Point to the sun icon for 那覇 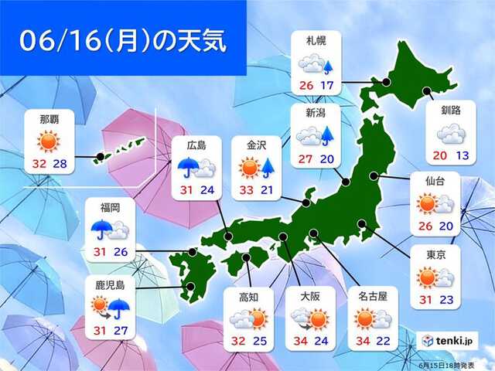pos(47,140)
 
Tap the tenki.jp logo pos(448,339)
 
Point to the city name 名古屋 pos(374,294)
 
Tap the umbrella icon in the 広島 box pos(189,166)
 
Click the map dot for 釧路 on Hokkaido pos(428,93)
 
